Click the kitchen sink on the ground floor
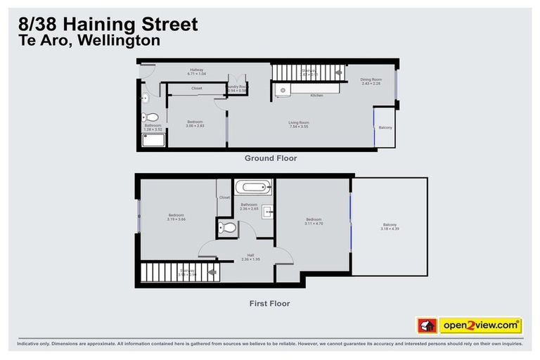pyautogui.click(x=281, y=90)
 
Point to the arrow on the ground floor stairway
pyautogui.click(x=339, y=72)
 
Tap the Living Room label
pyautogui.click(x=299, y=122)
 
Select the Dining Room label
pyautogui.click(x=371, y=80)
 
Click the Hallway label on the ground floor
pyautogui.click(x=196, y=70)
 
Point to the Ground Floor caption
pyautogui.click(x=270, y=158)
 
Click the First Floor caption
pyautogui.click(x=270, y=304)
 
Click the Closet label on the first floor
pyautogui.click(x=224, y=198)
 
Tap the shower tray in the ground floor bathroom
pyautogui.click(x=154, y=140)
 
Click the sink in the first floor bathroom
pyautogui.click(x=267, y=212)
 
